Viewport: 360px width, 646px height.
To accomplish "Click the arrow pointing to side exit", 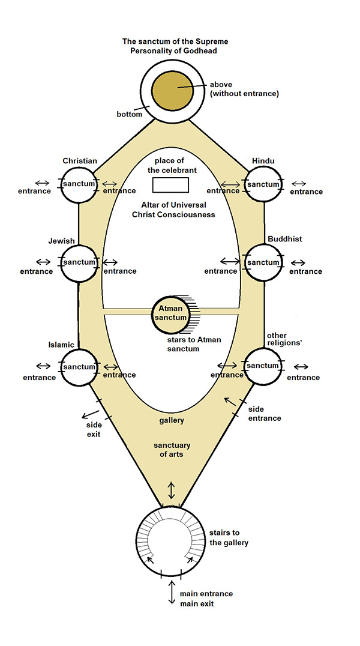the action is [91, 413].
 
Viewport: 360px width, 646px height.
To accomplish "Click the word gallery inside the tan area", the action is [172, 421].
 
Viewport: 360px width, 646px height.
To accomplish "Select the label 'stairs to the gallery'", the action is [229, 538].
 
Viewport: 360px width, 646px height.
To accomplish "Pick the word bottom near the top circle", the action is [130, 114].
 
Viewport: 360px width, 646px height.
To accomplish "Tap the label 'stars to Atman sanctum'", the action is [188, 344].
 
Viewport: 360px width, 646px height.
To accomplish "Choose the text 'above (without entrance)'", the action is [244, 89].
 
